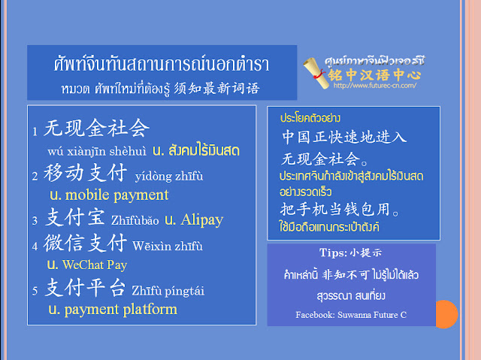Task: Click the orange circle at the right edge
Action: (x=446, y=314)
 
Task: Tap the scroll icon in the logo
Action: (x=315, y=74)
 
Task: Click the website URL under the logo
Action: (x=375, y=86)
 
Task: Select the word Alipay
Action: (x=202, y=220)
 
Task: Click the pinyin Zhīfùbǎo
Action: (x=135, y=220)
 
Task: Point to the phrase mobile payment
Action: (x=117, y=195)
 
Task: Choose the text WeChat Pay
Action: (x=95, y=265)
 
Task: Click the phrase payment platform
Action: (x=120, y=310)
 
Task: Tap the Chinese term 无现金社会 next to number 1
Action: (x=97, y=128)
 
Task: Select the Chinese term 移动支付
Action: (x=85, y=172)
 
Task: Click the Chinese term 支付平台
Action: (x=85, y=287)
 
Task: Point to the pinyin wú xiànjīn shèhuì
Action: (x=97, y=151)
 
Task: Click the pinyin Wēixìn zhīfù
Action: (x=168, y=246)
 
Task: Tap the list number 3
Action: (x=35, y=221)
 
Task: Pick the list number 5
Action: (x=35, y=291)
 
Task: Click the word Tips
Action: (x=333, y=253)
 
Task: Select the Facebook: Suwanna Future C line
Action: (x=351, y=315)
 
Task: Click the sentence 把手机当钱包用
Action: (x=339, y=210)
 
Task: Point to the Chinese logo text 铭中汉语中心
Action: (x=374, y=74)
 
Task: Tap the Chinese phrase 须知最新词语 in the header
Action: (x=217, y=89)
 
